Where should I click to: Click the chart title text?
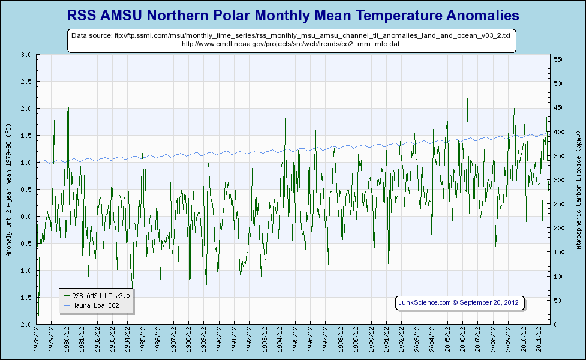point(293,14)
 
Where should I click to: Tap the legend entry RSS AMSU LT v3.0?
point(100,296)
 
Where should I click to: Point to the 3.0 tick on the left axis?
point(26,55)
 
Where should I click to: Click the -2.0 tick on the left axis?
point(25,325)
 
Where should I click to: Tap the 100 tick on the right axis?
point(559,277)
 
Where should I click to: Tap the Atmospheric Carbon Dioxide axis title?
point(578,189)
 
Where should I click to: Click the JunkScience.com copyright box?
point(461,302)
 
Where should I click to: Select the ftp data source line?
point(291,36)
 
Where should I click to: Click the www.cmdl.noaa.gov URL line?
point(291,44)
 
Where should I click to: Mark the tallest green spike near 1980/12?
point(68,78)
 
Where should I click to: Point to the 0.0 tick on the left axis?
point(26,217)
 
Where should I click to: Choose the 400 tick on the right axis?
point(559,132)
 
